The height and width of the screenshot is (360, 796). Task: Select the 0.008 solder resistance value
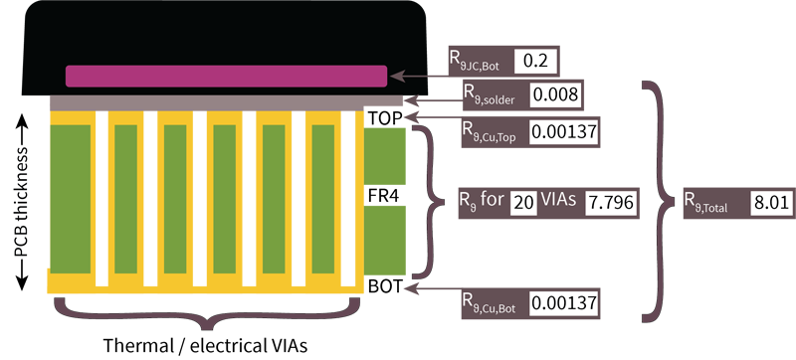click(555, 95)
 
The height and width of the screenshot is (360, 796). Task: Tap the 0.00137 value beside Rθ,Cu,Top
click(563, 131)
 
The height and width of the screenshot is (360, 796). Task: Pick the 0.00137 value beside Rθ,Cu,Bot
click(563, 302)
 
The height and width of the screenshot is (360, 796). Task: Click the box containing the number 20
click(523, 202)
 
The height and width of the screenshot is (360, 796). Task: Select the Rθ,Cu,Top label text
click(491, 131)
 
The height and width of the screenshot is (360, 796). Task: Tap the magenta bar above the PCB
click(226, 76)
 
